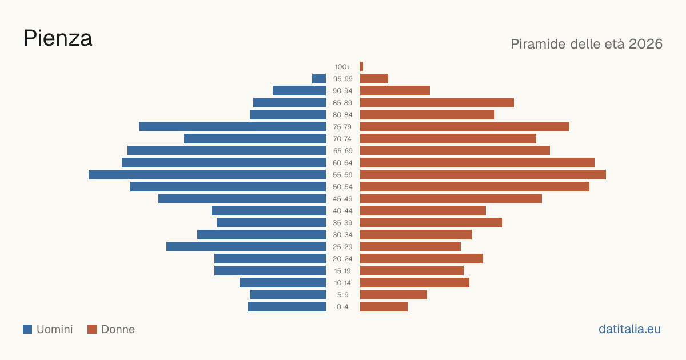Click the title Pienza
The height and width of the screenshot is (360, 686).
(58, 38)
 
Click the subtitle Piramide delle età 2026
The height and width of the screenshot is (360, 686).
(587, 44)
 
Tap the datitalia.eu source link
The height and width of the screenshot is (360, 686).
(629, 329)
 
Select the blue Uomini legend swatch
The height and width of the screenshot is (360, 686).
(27, 329)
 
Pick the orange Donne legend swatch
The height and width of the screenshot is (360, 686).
(92, 329)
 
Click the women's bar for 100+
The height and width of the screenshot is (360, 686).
(362, 67)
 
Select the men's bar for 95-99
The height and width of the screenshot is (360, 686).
(319, 79)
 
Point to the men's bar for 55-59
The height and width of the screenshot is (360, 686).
(207, 175)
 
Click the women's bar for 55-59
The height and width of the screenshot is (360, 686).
(483, 175)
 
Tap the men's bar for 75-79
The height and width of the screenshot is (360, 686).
(232, 127)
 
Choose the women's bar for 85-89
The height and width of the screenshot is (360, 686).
(437, 102)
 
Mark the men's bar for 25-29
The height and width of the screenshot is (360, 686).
(246, 247)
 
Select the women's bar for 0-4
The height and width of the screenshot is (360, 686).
(384, 307)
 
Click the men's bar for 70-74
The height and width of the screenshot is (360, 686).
(254, 139)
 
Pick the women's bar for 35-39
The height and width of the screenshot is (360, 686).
(431, 222)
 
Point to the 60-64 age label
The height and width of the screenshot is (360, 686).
(342, 163)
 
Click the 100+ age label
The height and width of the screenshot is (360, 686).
(342, 67)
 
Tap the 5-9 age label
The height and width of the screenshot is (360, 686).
(342, 295)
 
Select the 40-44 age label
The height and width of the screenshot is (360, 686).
(342, 211)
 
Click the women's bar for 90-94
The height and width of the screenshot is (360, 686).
(395, 91)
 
